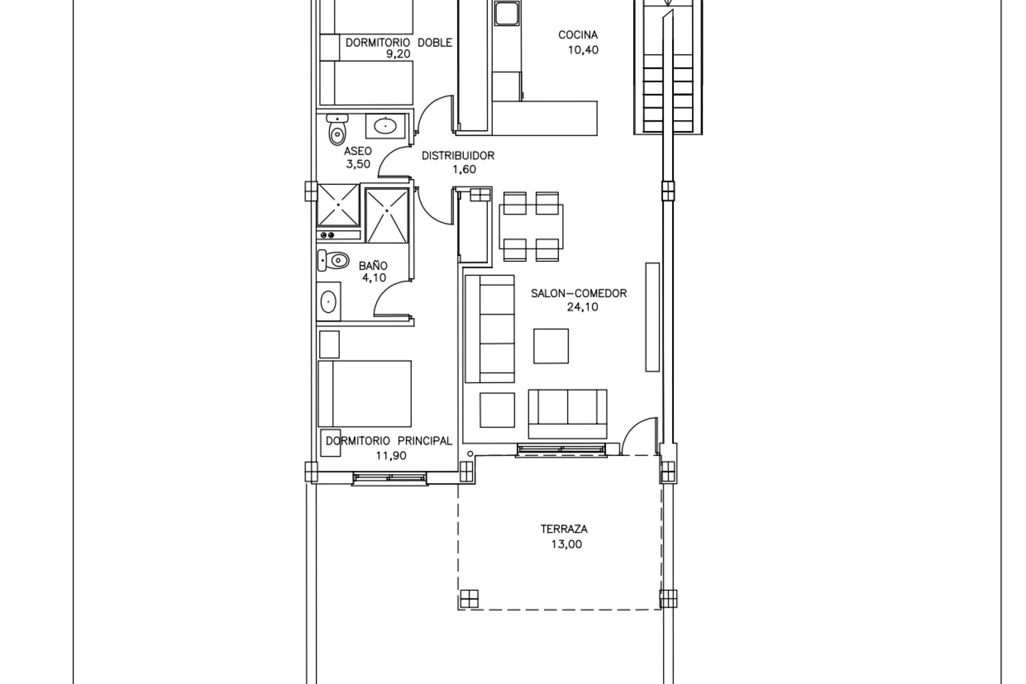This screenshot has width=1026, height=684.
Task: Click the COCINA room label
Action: (578, 35)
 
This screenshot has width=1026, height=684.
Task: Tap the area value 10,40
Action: (583, 50)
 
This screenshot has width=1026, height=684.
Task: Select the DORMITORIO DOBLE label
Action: (399, 43)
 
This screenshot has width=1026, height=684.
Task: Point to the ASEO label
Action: (357, 151)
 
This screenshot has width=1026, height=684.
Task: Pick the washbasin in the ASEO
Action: (385, 127)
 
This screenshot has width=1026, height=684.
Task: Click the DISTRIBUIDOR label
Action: (458, 156)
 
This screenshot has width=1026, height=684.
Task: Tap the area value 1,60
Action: (464, 170)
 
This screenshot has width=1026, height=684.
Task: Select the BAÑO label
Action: (373, 265)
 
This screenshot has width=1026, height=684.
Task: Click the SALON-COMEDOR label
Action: (579, 293)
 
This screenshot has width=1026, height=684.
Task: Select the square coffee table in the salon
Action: (551, 346)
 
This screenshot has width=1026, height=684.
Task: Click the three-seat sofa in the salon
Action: (489, 329)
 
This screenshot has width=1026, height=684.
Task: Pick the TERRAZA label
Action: (564, 530)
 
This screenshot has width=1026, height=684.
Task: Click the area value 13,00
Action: (566, 545)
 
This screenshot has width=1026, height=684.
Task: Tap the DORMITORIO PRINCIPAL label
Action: (389, 441)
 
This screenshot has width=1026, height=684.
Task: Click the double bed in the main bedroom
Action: (365, 394)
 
